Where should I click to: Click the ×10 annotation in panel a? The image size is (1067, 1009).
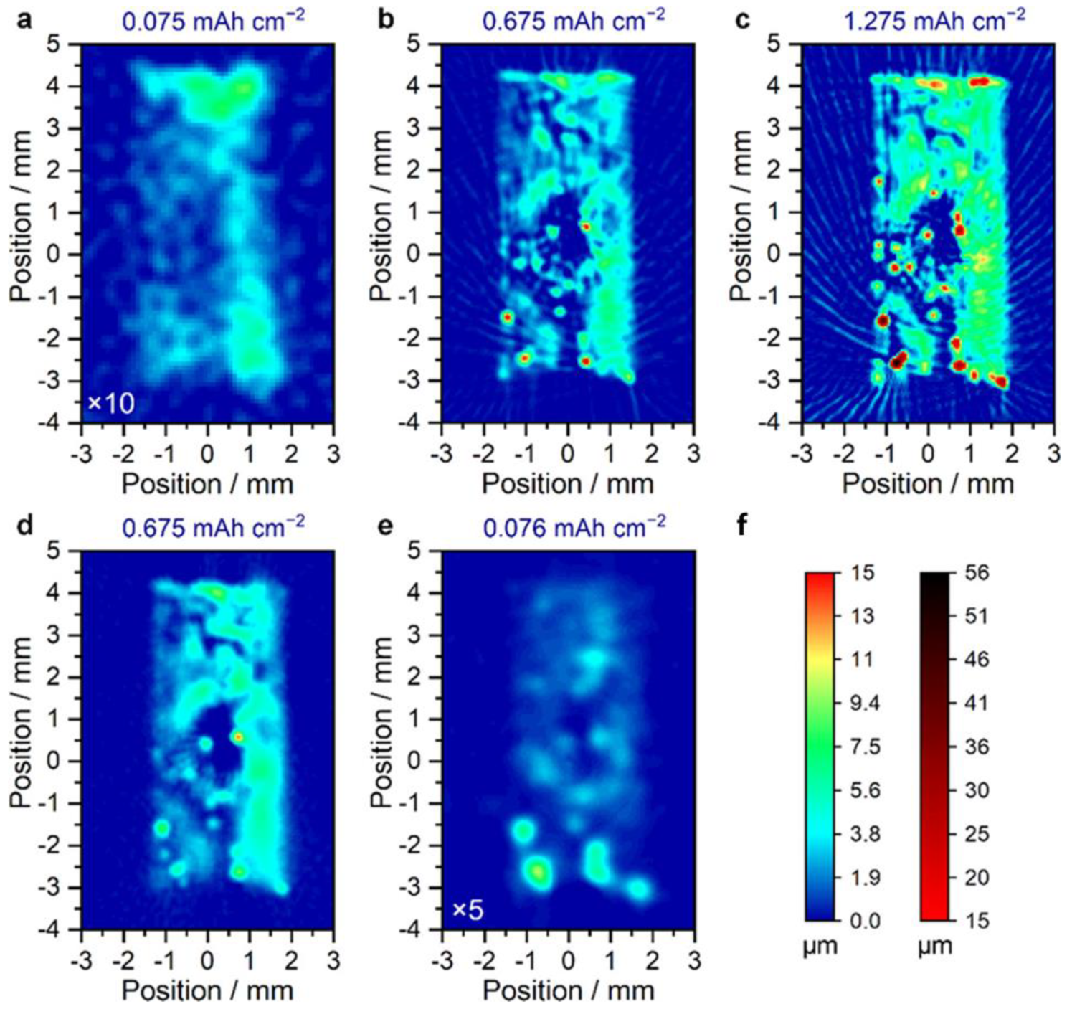(110, 404)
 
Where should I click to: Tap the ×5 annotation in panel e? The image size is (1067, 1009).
(468, 910)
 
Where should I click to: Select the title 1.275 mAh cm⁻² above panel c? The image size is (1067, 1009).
(934, 19)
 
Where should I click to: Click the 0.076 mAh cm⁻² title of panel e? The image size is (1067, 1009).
(574, 526)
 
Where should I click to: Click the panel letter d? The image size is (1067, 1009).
(24, 526)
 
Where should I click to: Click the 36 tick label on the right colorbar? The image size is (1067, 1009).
(976, 747)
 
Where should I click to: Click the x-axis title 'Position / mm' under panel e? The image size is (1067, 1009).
(568, 990)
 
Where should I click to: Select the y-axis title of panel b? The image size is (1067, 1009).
(381, 215)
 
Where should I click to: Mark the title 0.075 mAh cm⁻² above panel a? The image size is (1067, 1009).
(213, 19)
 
